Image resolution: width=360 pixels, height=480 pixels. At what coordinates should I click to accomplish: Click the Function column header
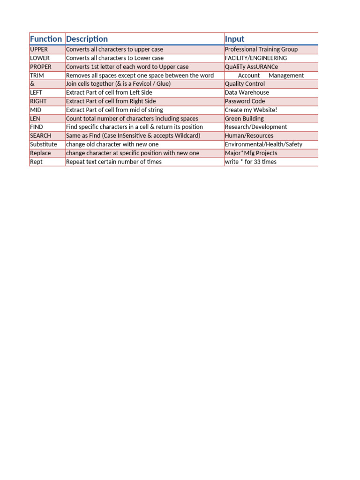click(x=46, y=39)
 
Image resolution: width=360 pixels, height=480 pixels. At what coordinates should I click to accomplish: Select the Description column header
click(x=87, y=39)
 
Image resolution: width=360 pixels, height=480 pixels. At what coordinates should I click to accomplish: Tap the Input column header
click(x=234, y=39)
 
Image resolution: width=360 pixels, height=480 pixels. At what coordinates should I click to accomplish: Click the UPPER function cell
click(x=39, y=49)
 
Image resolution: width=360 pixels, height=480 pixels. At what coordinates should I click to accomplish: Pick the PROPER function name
click(x=41, y=67)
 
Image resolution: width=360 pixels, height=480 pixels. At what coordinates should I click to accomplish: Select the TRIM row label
click(x=37, y=75)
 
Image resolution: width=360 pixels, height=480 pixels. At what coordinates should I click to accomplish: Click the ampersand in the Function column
click(x=32, y=84)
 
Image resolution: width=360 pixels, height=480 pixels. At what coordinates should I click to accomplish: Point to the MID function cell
click(x=36, y=110)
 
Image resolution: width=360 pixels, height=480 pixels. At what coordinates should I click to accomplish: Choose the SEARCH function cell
click(x=40, y=135)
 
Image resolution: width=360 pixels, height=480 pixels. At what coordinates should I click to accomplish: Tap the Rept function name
click(x=37, y=162)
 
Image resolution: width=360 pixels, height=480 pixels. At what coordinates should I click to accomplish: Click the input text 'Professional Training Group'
click(x=261, y=49)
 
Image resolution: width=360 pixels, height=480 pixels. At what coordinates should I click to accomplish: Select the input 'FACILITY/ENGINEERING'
click(x=256, y=58)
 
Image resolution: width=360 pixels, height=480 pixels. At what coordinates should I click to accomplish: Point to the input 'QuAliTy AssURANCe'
click(x=251, y=67)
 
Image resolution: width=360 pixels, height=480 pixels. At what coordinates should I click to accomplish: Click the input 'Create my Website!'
click(x=251, y=110)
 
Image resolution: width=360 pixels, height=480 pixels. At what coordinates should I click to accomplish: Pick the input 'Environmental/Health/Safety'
click(x=263, y=144)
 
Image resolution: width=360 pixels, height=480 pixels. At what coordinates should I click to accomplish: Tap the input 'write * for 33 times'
click(x=251, y=162)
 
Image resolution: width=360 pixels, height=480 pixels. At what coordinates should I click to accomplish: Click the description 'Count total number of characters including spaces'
click(x=132, y=119)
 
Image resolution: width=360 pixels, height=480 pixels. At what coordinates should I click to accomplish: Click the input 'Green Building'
click(x=244, y=119)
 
